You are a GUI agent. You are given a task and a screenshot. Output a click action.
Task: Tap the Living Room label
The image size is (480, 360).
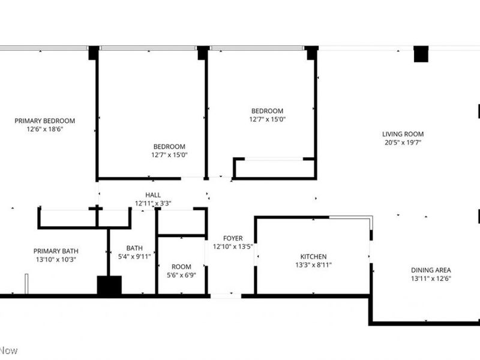pyautogui.click(x=403, y=134)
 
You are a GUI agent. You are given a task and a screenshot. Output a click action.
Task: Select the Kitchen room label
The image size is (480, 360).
pyautogui.click(x=314, y=256)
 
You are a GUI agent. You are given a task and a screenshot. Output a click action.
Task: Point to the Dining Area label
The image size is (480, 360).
pyautogui.click(x=431, y=270)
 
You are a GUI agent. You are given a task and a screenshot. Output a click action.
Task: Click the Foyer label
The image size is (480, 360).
pyautogui.click(x=233, y=238)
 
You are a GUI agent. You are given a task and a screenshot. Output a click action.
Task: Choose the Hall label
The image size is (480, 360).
pyautogui.click(x=153, y=195)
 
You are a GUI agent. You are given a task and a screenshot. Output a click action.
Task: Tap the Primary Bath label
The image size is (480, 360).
pyautogui.click(x=56, y=251)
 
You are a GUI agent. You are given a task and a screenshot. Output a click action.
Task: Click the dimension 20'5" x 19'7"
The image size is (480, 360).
pyautogui.click(x=403, y=143)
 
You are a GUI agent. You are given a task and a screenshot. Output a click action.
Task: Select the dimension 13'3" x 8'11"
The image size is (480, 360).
pyautogui.click(x=314, y=265)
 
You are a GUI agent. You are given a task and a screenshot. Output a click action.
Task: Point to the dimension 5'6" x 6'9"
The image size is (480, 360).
pyautogui.click(x=181, y=275)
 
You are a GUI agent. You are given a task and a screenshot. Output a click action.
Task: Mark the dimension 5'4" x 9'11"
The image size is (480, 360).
pyautogui.click(x=134, y=256)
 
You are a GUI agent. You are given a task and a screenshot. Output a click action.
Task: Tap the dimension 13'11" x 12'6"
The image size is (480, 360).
pyautogui.click(x=431, y=278)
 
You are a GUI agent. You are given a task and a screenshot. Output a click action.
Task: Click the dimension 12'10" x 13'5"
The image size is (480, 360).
pyautogui.click(x=233, y=246)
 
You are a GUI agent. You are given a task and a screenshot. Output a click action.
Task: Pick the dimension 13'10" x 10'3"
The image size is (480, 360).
pyautogui.click(x=56, y=259)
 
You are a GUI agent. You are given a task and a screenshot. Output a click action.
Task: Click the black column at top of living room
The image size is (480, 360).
pyautogui.click(x=421, y=54)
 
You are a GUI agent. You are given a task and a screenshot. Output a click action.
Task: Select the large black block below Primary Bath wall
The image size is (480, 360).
pyautogui.click(x=109, y=286)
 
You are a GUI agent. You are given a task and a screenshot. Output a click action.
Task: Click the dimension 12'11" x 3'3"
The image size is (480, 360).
pyautogui.click(x=153, y=203)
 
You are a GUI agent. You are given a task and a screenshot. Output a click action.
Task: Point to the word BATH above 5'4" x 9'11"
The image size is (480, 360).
pyautogui.click(x=134, y=248)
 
